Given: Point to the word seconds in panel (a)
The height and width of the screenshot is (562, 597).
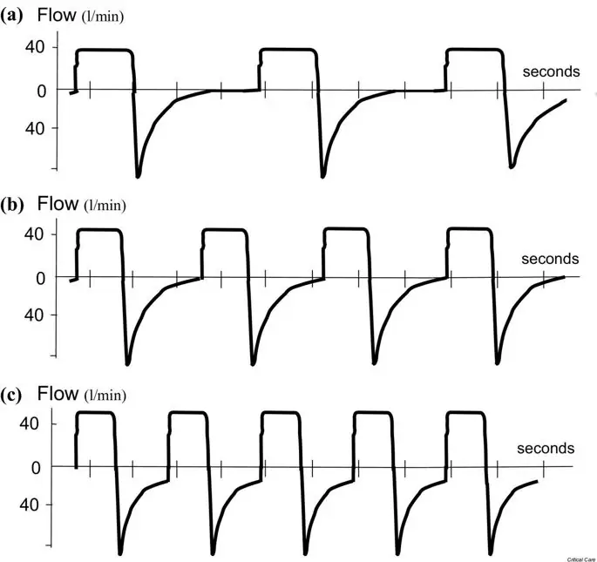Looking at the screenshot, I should pyautogui.click(x=551, y=71).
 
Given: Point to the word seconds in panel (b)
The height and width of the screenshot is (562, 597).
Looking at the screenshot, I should pyautogui.click(x=549, y=259).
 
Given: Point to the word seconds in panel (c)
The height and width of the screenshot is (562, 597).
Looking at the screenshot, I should pyautogui.click(x=546, y=448).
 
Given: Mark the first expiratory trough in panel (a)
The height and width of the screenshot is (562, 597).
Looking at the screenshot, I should pyautogui.click(x=139, y=175).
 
